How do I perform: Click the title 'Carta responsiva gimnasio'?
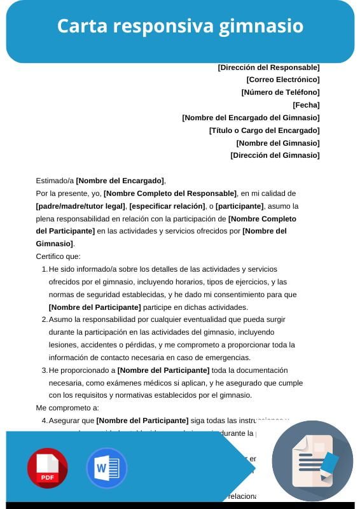180,26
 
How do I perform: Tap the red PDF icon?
47,468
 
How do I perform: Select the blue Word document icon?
106,468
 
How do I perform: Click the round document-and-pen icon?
312,461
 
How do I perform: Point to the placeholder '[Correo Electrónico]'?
282,80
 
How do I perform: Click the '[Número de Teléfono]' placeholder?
280,92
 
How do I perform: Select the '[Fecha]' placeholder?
306,105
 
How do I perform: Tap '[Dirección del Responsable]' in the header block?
268,67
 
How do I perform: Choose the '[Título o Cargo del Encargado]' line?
264,130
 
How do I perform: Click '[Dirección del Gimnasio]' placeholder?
275,155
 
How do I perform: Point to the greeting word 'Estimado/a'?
55,181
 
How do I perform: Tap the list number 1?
44,269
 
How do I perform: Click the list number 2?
44,319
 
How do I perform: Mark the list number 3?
44,370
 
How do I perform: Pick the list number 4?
44,421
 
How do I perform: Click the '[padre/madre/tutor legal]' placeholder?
81,206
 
